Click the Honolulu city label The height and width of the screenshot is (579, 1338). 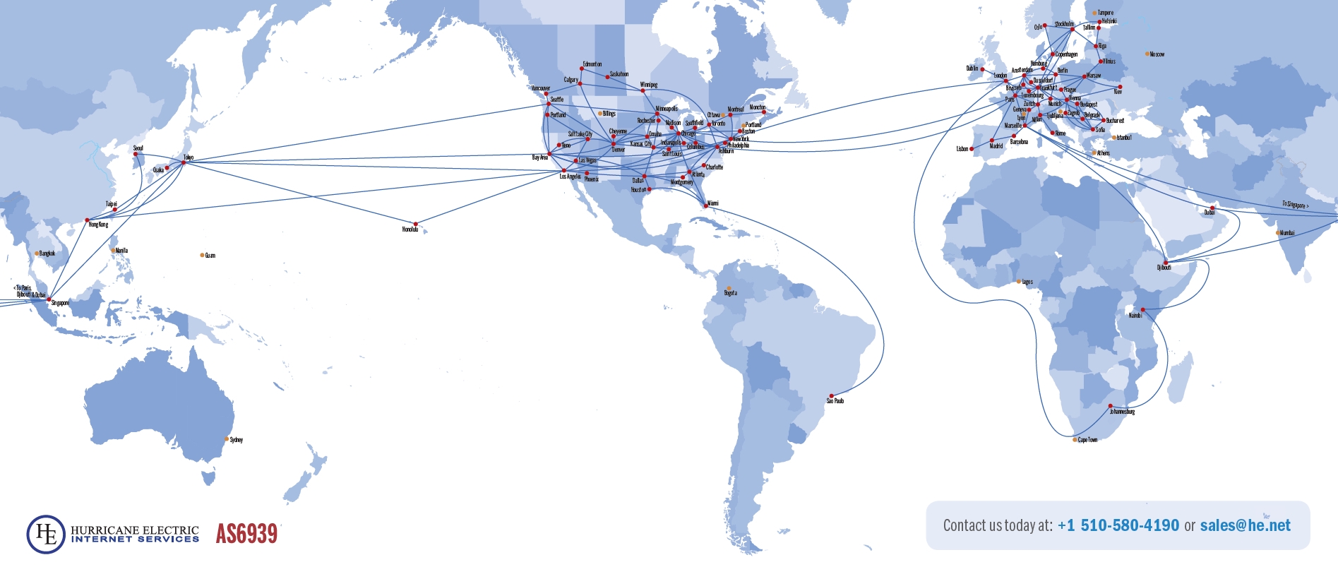410,229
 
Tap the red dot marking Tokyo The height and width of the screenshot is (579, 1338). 184,162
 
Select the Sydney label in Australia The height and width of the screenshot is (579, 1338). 237,440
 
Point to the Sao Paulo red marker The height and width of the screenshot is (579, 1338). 831,396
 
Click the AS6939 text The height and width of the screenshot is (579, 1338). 246,534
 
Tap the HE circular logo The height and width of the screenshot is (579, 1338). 46,535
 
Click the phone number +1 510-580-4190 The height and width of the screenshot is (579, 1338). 1118,525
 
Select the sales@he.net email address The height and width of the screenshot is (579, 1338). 1245,525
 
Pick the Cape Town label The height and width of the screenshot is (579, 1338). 1087,440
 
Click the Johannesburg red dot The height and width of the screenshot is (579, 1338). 1110,406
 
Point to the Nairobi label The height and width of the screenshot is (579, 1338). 1135,316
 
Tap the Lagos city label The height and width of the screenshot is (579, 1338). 1027,282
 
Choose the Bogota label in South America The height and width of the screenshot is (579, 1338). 730,293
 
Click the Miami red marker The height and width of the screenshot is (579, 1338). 705,206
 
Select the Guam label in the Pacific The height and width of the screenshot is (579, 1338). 210,256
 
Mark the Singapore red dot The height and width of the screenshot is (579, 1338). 49,299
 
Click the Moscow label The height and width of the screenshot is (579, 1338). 1157,54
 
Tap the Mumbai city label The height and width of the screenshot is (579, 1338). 1287,233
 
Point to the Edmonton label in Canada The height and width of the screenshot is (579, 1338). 592,64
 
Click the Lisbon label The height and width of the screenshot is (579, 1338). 962,149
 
